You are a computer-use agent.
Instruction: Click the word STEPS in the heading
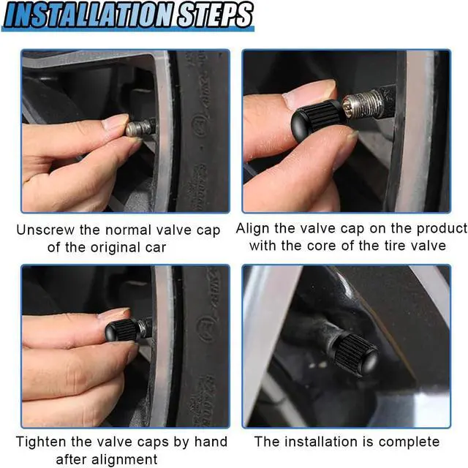click(x=215, y=15)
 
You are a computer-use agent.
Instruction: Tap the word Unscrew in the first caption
click(x=45, y=230)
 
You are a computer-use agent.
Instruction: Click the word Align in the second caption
click(x=253, y=229)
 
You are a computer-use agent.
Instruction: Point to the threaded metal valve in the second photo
click(x=364, y=105)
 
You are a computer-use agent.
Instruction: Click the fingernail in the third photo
click(x=115, y=314)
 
